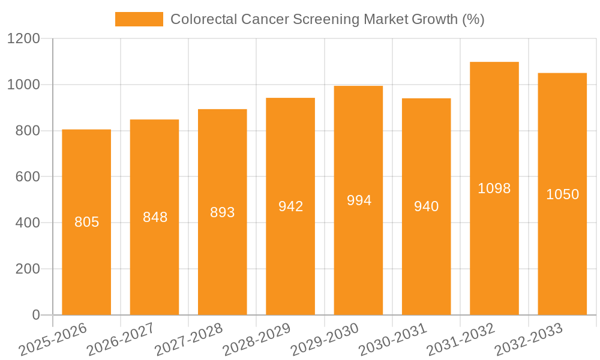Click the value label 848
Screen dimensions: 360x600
[155, 217]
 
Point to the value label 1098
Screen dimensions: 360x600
[494, 188]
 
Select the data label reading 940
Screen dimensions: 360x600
[427, 206]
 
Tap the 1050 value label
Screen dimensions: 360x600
[562, 194]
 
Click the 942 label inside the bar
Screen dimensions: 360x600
[290, 206]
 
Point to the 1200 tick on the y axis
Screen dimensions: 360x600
[23, 39]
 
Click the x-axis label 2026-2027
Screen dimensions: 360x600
[121, 339]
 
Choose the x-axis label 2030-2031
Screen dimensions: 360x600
[392, 339]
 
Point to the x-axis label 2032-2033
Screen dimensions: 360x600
[529, 339]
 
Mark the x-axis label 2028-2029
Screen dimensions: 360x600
[257, 339]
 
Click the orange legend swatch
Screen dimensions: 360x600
[139, 19]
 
